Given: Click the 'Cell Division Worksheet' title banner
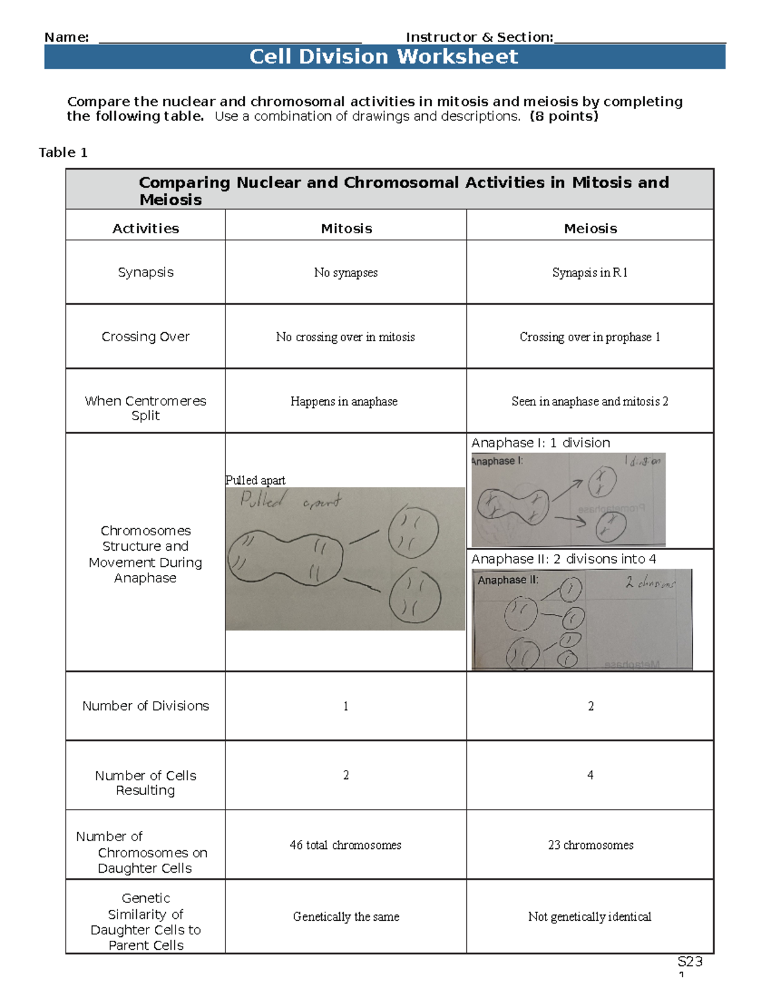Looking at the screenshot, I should [384, 57].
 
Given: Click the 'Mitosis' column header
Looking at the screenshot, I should [346, 228].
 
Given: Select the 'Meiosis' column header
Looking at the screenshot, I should [590, 228].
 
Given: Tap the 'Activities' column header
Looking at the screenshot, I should [145, 228].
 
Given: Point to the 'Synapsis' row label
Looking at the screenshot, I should [145, 272].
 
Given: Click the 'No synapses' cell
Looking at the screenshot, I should [346, 272].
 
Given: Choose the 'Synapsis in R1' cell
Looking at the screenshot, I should [590, 272].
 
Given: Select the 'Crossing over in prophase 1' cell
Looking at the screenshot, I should [590, 337].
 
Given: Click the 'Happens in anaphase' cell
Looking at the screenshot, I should [344, 401].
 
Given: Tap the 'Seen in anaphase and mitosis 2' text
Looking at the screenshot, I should [590, 401].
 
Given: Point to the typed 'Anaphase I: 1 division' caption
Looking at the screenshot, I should [540, 443].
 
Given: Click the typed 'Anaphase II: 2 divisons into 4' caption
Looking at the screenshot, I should [563, 559].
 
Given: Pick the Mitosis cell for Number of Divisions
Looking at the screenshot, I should [346, 706].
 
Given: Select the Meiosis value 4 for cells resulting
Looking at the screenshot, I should [590, 775].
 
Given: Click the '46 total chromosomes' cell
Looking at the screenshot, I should [346, 845].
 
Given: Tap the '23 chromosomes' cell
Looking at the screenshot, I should [590, 845].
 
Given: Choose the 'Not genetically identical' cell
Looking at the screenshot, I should [590, 916].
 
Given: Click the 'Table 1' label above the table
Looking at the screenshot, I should [63, 152].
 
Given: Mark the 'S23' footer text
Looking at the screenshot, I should [690, 961].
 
